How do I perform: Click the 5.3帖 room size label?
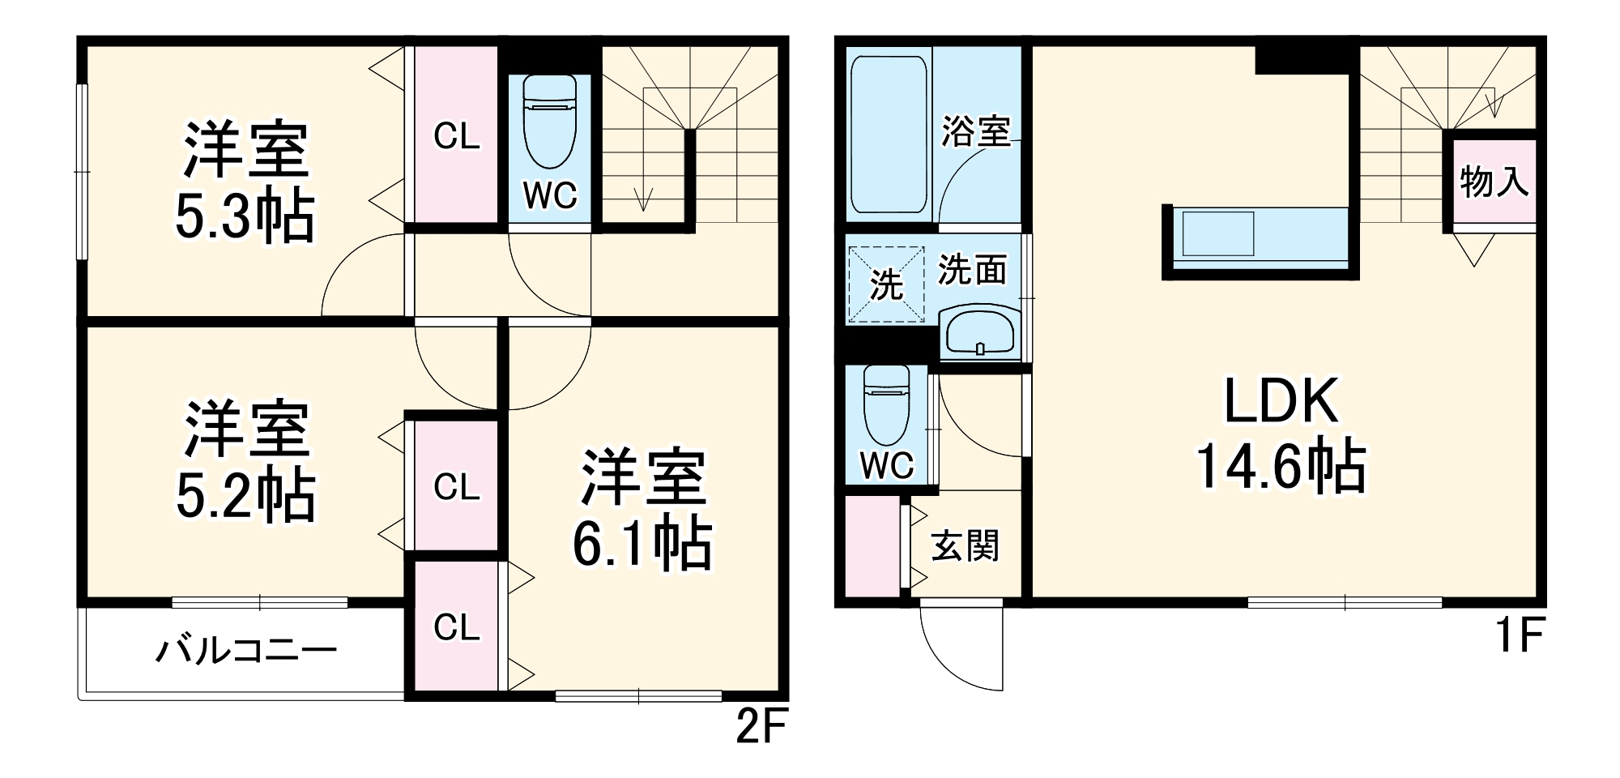click(x=245, y=217)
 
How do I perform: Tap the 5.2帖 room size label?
click(x=245, y=495)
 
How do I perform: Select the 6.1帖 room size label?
click(x=642, y=544)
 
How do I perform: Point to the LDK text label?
click(x=1281, y=402)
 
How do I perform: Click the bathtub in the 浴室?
click(x=889, y=134)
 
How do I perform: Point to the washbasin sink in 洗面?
click(x=978, y=333)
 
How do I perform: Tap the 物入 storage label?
click(x=1494, y=181)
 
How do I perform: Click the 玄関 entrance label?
click(x=965, y=546)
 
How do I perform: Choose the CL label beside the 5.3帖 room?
click(x=457, y=136)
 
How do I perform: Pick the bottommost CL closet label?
click(x=457, y=627)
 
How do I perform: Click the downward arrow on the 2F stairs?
click(x=644, y=199)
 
